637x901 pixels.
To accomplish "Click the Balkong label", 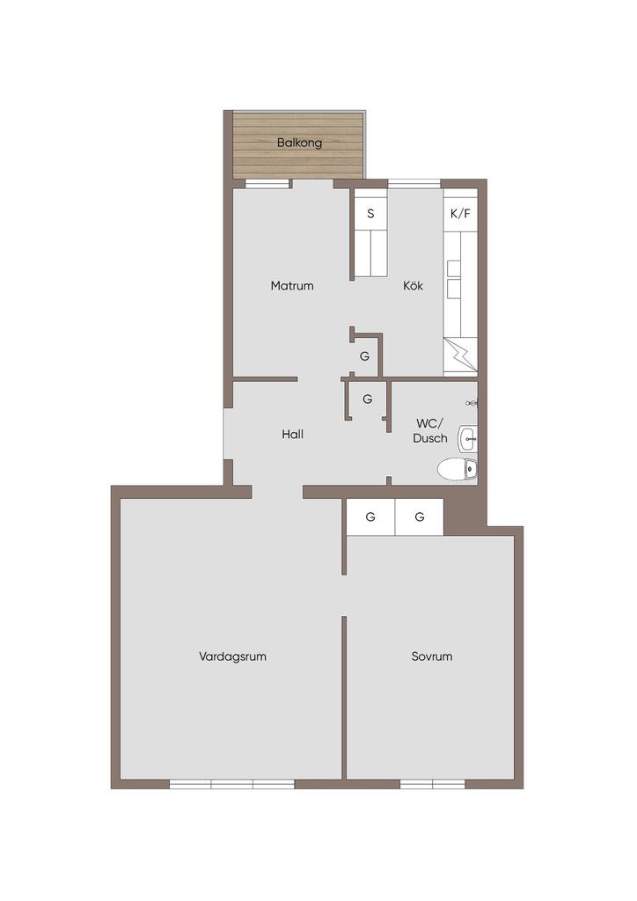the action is (x=299, y=143).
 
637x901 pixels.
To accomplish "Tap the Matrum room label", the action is (x=292, y=286).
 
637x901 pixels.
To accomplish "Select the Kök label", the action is (x=413, y=286).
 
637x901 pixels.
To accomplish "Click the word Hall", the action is (x=292, y=435).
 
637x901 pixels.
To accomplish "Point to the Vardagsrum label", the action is (x=232, y=656).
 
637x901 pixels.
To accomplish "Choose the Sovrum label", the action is (x=432, y=656).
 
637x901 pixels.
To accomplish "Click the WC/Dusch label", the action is (x=430, y=431).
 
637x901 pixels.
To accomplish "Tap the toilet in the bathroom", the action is (x=458, y=469).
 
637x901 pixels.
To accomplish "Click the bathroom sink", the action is (x=467, y=439).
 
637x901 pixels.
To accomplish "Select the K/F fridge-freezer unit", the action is (x=460, y=214).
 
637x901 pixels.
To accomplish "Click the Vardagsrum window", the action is (x=232, y=784).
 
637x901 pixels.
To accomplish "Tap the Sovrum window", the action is (x=433, y=784).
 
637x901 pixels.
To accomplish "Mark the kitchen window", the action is (x=414, y=184).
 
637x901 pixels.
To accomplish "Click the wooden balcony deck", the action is (x=298, y=145).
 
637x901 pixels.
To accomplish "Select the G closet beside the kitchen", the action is (x=365, y=355).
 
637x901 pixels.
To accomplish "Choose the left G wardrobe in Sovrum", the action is (x=370, y=517).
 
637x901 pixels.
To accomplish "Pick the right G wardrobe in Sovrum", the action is (x=420, y=517).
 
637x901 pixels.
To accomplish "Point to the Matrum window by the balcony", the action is (x=267, y=184).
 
